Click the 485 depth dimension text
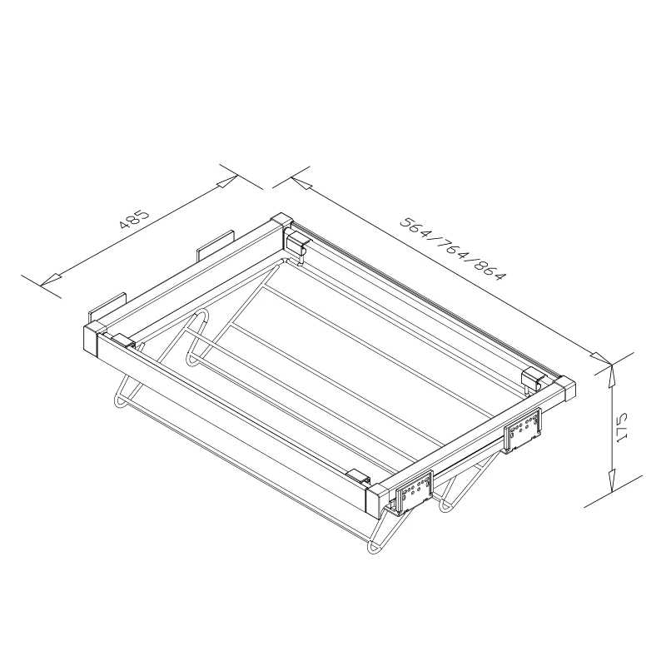coord(134,219)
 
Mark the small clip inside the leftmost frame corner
coord(122,340)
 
